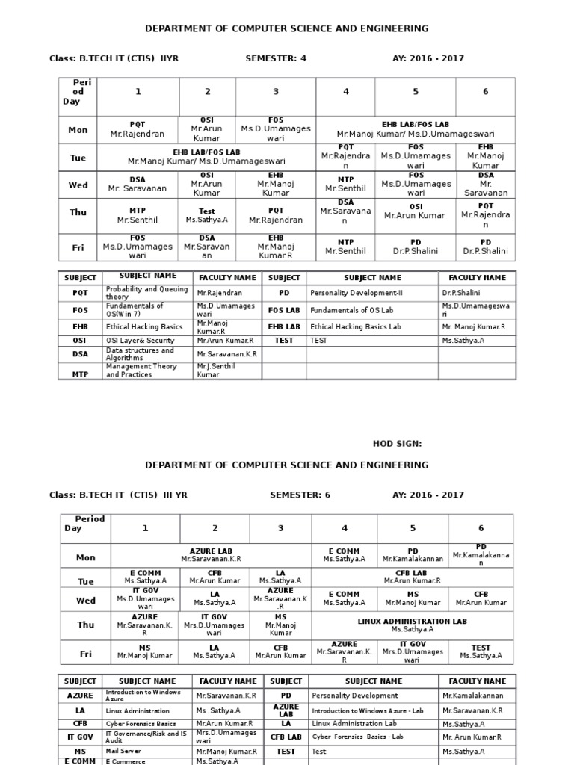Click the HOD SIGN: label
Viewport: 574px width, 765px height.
click(x=397, y=443)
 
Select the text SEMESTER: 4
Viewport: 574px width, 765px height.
click(x=276, y=58)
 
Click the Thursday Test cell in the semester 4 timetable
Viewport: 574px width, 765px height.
click(x=206, y=216)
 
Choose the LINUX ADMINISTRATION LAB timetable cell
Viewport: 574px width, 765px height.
click(x=412, y=625)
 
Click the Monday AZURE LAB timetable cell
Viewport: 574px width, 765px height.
click(x=211, y=554)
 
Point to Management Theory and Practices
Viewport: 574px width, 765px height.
click(x=142, y=371)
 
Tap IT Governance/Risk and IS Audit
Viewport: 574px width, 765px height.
click(x=146, y=737)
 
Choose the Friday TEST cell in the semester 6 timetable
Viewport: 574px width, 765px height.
click(x=481, y=651)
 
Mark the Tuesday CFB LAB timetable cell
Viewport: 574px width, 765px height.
click(x=412, y=577)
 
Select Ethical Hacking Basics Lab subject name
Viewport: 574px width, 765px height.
click(x=356, y=326)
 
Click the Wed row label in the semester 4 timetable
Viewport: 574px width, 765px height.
click(x=78, y=185)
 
